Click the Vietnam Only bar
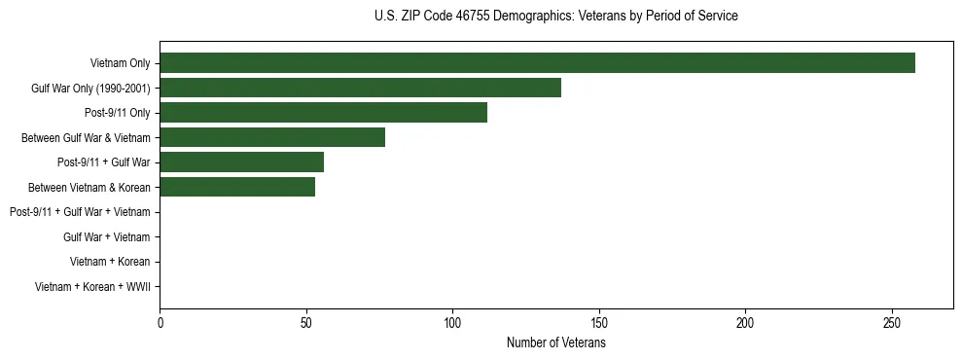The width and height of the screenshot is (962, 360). click(537, 63)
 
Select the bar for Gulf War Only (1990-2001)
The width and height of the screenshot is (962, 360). click(360, 88)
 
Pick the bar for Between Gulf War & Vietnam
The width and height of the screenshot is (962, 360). click(272, 137)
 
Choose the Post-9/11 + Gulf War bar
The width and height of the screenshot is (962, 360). click(241, 162)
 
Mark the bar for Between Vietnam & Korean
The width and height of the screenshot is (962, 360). click(237, 187)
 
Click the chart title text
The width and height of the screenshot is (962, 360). click(555, 17)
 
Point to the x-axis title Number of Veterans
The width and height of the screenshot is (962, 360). click(555, 342)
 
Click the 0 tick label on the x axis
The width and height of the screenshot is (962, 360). click(160, 322)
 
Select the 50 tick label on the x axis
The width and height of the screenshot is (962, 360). click(306, 322)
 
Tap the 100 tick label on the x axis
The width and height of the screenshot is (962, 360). click(453, 322)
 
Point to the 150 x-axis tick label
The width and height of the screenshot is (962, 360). click(599, 322)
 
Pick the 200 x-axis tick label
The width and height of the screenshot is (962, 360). click(746, 322)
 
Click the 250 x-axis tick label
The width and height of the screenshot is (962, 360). click(892, 322)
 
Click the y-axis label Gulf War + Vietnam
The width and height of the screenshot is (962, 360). click(107, 237)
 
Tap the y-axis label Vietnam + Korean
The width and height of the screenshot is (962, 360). click(110, 262)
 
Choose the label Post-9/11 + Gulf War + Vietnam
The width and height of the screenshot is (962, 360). click(80, 212)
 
